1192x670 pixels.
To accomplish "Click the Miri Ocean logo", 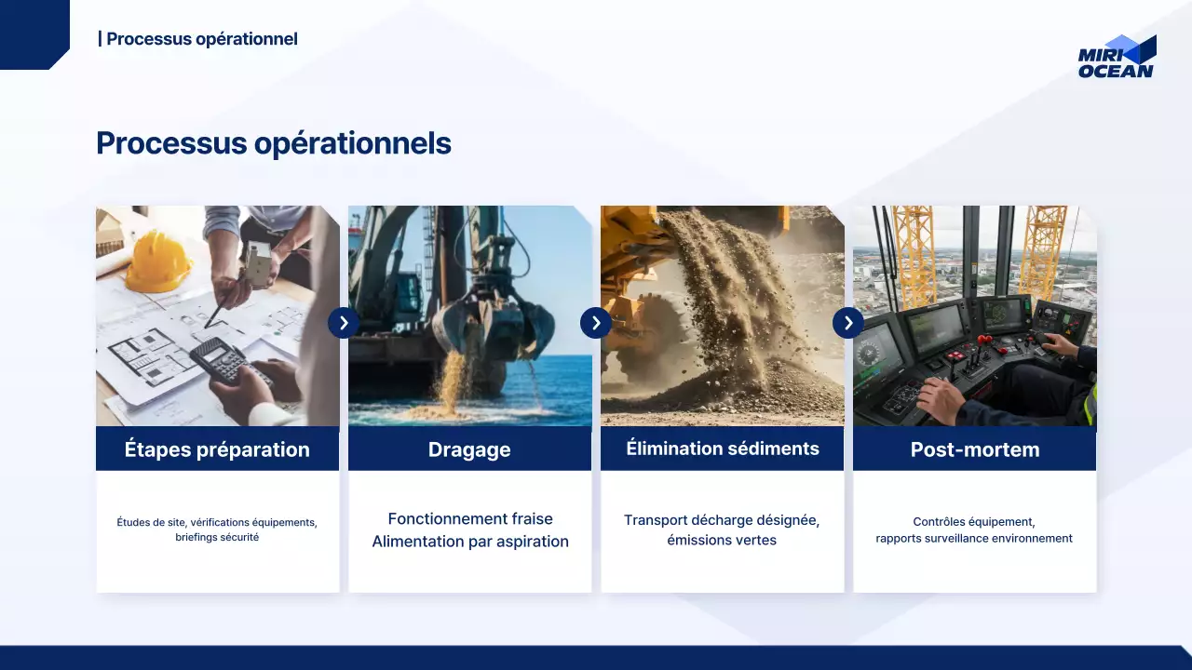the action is tap(1117, 57).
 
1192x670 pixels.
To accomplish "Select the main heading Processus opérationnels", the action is tap(274, 143).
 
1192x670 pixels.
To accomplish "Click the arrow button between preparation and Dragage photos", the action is tap(344, 323).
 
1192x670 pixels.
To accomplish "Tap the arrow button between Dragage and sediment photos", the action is tap(596, 323).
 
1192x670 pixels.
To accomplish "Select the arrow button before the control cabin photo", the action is tap(848, 323).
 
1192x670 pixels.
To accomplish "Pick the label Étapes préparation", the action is tap(217, 449).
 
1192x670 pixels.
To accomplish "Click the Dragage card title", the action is tap(469, 449).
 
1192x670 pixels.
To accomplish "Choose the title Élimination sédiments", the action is tap(722, 449).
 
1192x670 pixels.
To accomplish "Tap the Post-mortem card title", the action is tap(975, 449).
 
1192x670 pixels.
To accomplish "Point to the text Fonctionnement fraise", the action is tap(470, 518).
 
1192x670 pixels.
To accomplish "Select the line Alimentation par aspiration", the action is tap(470, 542).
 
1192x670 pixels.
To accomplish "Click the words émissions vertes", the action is tap(722, 540).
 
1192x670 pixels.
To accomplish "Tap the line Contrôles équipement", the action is tap(974, 522).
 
